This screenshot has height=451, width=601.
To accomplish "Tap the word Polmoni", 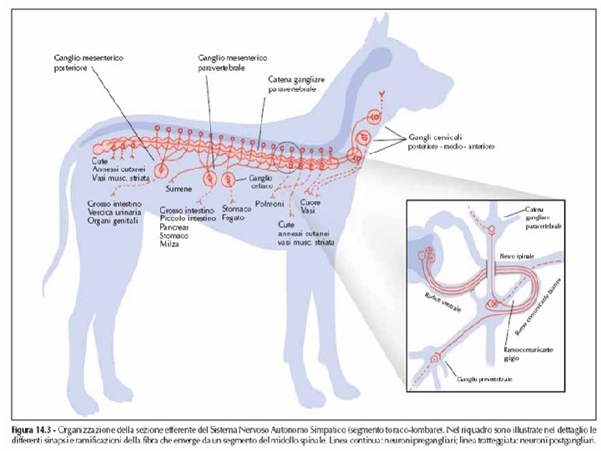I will click(x=271, y=203).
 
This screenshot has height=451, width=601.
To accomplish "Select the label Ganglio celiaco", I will click(x=260, y=182).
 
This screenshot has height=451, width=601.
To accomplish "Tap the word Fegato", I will click(x=233, y=218).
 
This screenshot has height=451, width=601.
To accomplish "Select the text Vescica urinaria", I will click(x=115, y=212).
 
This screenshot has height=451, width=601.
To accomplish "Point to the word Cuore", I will click(x=311, y=203).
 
